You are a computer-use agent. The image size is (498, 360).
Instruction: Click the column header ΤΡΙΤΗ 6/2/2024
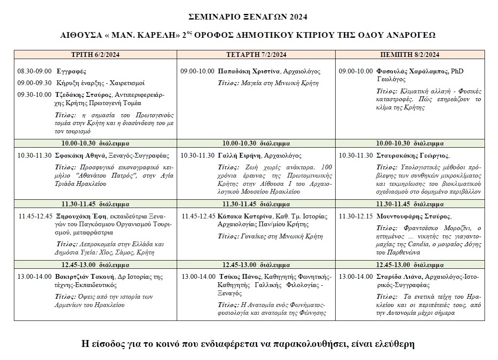point(96,54)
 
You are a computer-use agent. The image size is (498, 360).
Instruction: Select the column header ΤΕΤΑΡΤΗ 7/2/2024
point(256,54)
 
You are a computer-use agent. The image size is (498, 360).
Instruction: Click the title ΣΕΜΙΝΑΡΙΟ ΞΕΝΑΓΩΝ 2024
point(248,17)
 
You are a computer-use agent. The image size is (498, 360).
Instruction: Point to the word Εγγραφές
point(69,71)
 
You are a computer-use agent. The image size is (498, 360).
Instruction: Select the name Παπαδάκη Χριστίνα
point(249,71)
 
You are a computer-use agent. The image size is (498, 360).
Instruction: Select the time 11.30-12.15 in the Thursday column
point(356,216)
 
